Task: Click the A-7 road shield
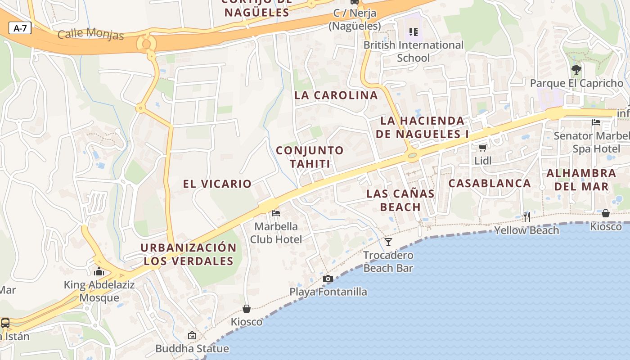20,28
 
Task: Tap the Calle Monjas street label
90,34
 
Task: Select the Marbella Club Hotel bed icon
276,213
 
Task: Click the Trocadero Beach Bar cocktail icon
388,242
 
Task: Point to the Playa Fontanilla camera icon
328,279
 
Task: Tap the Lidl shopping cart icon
483,148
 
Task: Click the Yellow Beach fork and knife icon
526,217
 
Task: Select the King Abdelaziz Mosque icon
99,271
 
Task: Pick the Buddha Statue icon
192,335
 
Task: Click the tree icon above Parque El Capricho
576,70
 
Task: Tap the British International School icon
413,32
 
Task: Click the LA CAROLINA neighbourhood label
336,95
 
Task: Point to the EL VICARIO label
217,184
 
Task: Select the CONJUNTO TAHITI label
310,157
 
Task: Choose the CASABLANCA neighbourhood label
490,184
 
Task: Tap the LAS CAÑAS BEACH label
400,200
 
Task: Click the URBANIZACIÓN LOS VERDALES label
188,254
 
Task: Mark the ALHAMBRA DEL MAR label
581,180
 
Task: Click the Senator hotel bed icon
596,122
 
